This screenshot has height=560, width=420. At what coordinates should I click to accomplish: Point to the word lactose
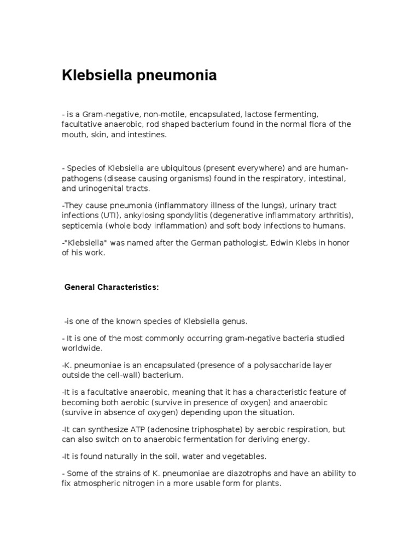pos(261,114)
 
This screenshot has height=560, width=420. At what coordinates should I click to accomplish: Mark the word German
pos(212,243)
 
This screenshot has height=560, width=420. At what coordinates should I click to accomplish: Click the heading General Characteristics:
pos(112,288)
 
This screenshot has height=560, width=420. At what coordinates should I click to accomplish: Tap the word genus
pos(236,321)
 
